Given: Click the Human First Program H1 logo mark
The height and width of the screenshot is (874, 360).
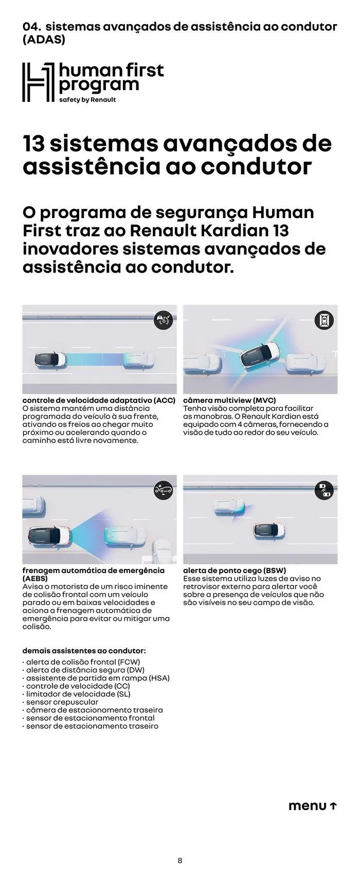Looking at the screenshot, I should coord(38,82).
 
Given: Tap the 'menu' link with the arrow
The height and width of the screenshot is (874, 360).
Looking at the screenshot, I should coord(312,806).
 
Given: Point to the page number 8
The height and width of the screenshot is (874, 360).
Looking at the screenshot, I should coord(179,860).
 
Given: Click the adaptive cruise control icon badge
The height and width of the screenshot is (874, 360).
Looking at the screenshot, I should coord(164,320).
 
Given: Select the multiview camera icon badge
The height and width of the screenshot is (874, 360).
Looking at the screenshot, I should coord(324,320).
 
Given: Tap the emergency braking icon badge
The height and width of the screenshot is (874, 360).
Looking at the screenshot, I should coord(164,490).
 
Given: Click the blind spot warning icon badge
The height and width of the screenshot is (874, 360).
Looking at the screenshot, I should coord(324,490).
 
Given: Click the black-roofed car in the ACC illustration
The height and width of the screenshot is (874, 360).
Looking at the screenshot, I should coord(50,360).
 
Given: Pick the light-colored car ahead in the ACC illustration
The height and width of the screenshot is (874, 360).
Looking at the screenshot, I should coord(138,360).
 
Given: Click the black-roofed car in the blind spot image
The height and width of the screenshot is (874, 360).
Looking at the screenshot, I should coord(269,530).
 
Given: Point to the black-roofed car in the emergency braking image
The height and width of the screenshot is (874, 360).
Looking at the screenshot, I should coord(49,536).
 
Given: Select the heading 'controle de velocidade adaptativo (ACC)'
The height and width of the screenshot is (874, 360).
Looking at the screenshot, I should coord(99,400).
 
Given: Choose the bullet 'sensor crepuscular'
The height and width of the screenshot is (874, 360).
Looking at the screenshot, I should coord(62,702).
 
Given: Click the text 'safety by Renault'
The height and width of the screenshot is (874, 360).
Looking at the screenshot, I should coord(87,100).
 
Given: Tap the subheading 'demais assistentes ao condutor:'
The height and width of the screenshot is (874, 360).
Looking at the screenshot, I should coord(84,651).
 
